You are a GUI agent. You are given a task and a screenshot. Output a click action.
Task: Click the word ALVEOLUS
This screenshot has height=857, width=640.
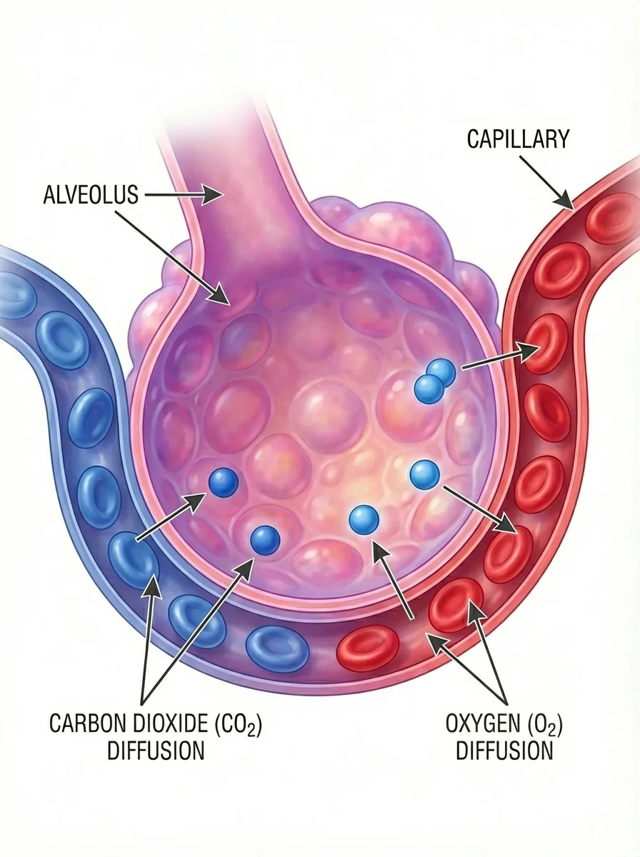click(91, 194)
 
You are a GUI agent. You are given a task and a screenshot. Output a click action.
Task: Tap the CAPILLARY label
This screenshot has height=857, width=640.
click(518, 139)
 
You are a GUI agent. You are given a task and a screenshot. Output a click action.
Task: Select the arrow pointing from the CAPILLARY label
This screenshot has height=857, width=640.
click(547, 181)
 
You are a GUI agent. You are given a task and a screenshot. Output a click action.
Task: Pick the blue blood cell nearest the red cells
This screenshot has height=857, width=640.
click(277, 648)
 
